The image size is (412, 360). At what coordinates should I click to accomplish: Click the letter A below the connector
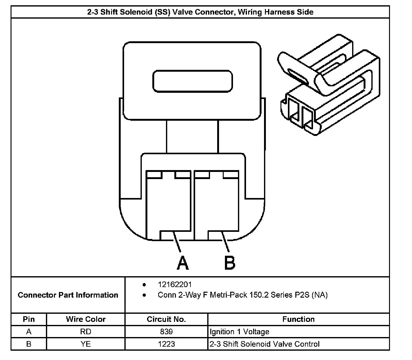point(183,263)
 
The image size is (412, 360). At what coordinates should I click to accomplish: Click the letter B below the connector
point(230,263)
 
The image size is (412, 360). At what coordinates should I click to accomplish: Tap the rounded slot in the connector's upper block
point(192,81)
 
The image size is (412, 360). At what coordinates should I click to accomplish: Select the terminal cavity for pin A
point(168,205)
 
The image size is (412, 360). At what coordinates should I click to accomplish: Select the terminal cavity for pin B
point(217,205)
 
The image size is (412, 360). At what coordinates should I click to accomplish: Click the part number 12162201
point(175,285)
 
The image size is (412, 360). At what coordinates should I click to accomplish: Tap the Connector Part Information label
point(68,295)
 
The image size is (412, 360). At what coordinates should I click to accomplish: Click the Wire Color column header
point(86,319)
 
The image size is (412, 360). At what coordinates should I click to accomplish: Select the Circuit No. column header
point(166,319)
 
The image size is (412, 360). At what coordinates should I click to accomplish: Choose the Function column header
point(298,319)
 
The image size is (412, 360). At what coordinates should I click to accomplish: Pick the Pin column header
point(29,319)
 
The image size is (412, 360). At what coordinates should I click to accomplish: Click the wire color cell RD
point(86,331)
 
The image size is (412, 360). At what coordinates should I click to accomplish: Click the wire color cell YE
point(86,344)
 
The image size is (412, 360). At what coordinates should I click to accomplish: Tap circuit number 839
point(166,331)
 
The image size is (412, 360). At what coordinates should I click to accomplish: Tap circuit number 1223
point(166,344)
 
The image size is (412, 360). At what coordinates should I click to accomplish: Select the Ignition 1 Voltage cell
point(240,332)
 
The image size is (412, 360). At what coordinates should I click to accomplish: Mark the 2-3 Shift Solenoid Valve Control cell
point(265,344)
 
